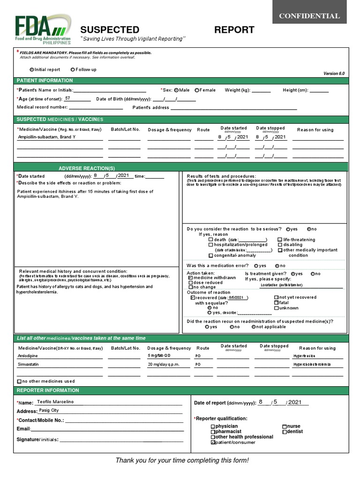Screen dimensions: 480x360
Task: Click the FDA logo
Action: (43, 29)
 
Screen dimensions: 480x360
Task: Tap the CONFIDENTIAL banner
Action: (309, 16)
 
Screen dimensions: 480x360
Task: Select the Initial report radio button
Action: (32, 69)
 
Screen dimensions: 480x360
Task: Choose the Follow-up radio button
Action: (72, 69)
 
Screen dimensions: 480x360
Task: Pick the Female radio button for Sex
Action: (197, 90)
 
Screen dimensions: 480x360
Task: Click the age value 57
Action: (68, 98)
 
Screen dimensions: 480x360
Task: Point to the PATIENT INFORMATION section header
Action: (45, 81)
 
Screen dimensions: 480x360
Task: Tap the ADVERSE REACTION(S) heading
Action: (87, 168)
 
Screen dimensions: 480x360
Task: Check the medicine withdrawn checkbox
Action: (190, 277)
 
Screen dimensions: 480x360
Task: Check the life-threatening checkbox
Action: (280, 240)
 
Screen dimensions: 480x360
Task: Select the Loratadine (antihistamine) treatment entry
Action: (281, 285)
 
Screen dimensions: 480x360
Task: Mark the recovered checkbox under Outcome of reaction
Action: (193, 298)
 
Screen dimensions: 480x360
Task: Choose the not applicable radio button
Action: (254, 327)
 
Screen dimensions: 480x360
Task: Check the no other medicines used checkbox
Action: (19, 382)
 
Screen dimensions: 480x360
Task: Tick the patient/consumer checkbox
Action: (213, 442)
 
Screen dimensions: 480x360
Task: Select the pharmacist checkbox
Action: (213, 431)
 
